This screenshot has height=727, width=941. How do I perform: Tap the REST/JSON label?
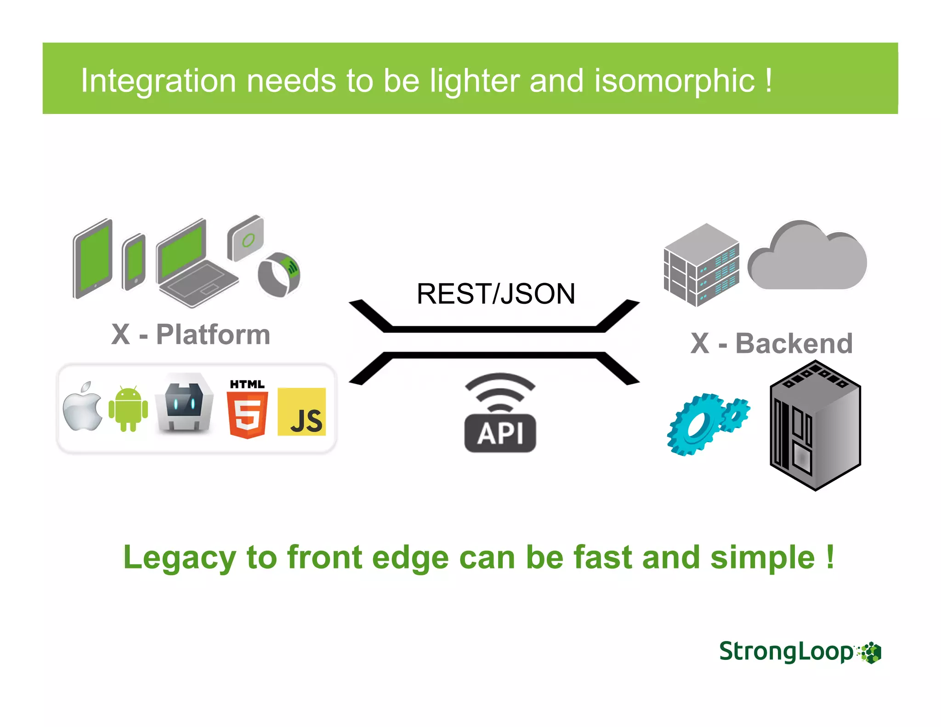(x=495, y=294)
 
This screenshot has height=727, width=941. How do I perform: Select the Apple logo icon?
(x=83, y=407)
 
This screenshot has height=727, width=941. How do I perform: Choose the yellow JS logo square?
(x=301, y=412)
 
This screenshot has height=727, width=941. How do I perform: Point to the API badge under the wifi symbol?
(x=500, y=433)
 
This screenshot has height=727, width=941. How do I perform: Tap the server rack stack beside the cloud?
(x=701, y=265)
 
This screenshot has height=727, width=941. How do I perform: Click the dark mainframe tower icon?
(x=815, y=425)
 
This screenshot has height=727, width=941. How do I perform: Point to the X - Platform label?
(x=191, y=335)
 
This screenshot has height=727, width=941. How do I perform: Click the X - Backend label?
(x=771, y=343)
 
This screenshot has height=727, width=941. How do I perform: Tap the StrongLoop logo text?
(x=786, y=652)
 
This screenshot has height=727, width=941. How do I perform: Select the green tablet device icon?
(x=93, y=258)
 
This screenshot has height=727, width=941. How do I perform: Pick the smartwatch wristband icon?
(x=279, y=274)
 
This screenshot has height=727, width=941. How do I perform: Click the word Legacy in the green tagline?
(x=180, y=557)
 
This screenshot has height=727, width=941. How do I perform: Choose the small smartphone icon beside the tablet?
(x=134, y=262)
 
